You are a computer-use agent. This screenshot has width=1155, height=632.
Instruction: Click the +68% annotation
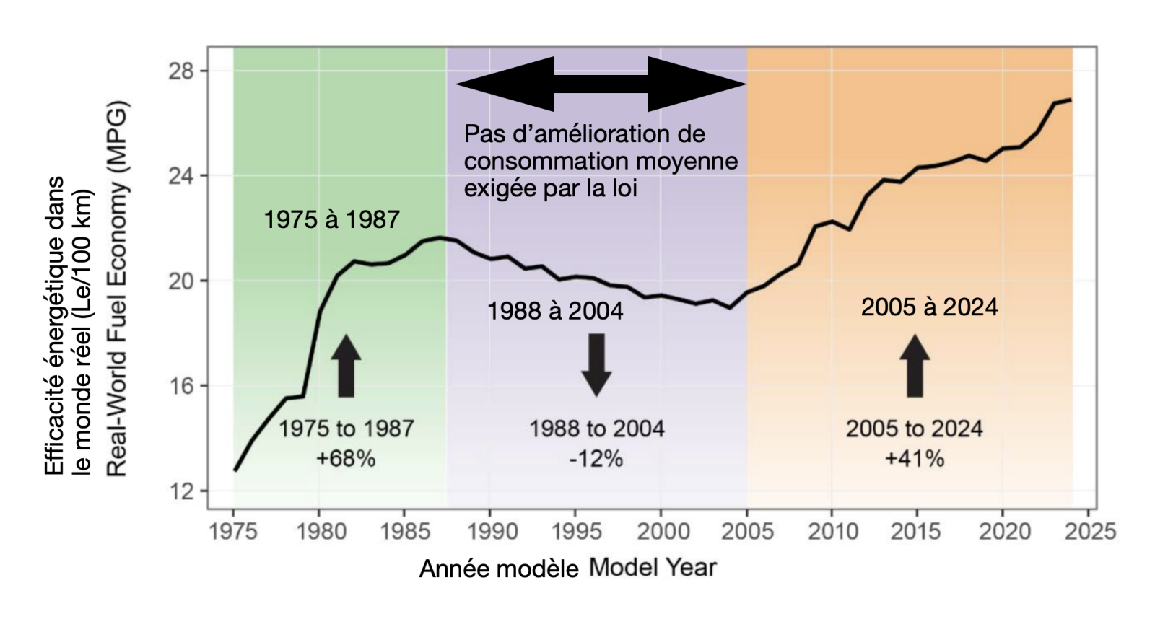tap(346, 459)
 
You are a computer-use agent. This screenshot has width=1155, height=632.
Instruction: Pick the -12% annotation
tap(596, 459)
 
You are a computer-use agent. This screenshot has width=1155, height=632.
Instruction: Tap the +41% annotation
tap(915, 459)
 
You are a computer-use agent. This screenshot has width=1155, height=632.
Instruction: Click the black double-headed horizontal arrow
tap(601, 84)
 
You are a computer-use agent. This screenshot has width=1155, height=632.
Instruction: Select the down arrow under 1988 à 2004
tap(596, 364)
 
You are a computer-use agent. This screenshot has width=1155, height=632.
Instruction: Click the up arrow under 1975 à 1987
tap(346, 365)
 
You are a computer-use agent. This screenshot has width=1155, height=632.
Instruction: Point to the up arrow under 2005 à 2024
tap(915, 365)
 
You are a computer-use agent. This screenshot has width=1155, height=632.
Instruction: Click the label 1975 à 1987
tap(331, 219)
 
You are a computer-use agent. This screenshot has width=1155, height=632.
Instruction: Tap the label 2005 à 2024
tap(929, 307)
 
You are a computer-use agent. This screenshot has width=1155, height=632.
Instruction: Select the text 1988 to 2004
tap(596, 429)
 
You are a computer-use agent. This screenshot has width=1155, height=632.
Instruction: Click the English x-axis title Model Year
tap(653, 567)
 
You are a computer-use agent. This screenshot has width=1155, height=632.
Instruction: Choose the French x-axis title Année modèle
tap(499, 569)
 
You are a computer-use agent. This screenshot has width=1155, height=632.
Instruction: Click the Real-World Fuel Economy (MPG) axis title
tap(117, 289)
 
